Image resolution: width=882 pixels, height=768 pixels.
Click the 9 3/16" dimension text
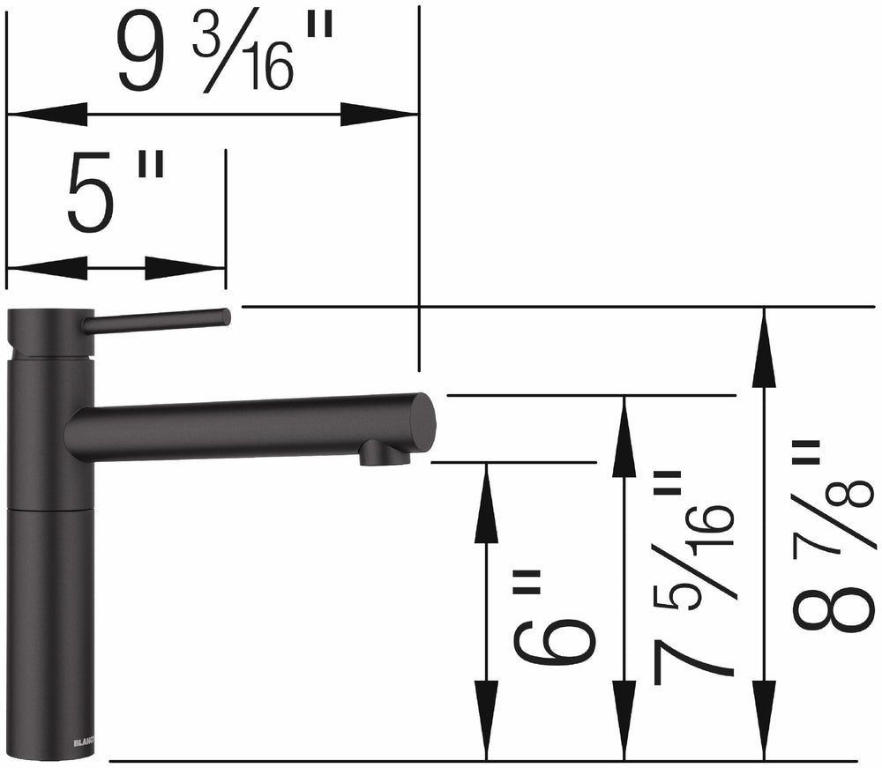pyautogui.click(x=225, y=56)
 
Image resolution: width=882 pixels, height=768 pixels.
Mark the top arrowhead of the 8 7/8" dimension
pyautogui.click(x=764, y=348)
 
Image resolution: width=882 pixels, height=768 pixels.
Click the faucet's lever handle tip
pyautogui.click(x=224, y=317)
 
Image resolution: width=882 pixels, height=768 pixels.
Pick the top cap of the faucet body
pyautogui.click(x=50, y=332)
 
